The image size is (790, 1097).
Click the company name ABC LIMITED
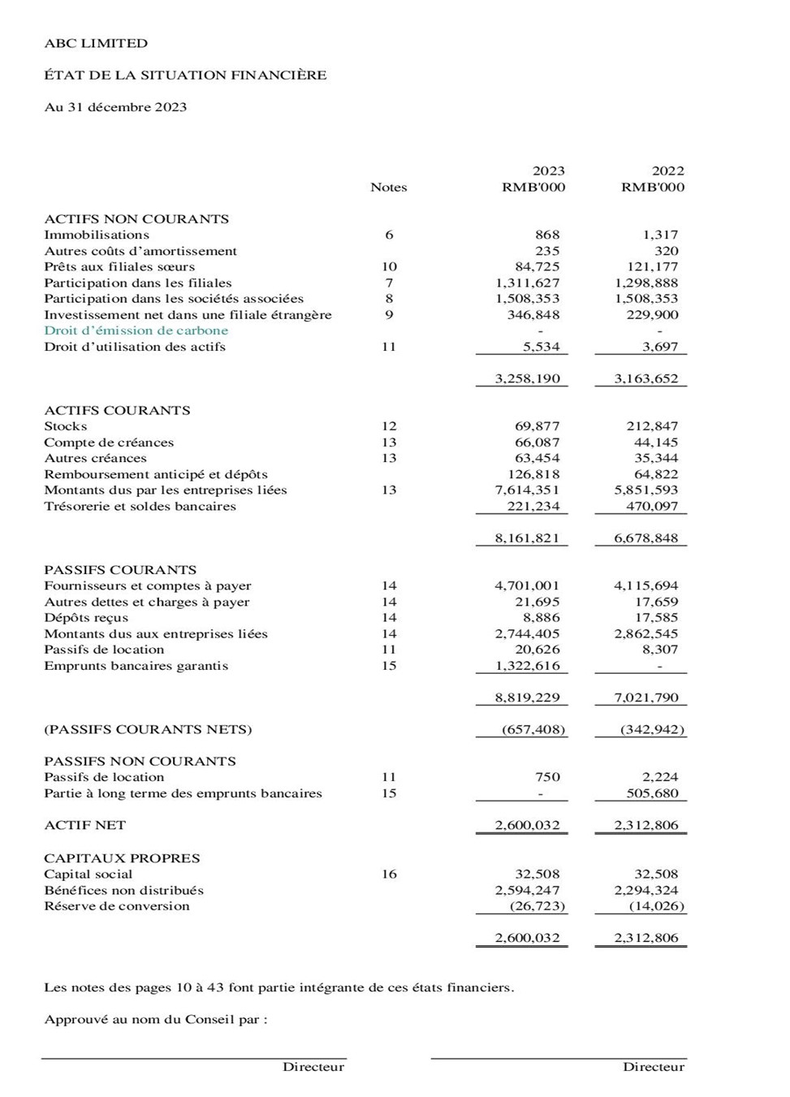tap(96, 43)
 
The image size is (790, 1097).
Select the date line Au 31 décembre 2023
tap(115, 107)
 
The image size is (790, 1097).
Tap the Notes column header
tap(388, 188)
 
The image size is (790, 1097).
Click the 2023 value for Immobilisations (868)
tap(547, 235)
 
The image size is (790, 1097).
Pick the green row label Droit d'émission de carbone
tap(136, 330)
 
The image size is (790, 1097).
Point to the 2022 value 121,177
tap(652, 267)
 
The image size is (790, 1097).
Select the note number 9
tap(389, 315)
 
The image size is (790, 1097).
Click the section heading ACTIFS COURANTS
tap(117, 410)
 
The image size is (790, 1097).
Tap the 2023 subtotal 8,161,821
tap(527, 538)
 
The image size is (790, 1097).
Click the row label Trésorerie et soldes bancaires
tap(140, 506)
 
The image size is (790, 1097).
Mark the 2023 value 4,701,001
tap(527, 585)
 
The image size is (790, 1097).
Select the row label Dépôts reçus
tap(86, 618)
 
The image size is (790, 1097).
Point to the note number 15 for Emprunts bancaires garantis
tap(389, 666)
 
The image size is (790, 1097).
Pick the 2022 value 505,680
tap(652, 793)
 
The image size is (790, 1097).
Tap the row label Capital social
tap(88, 875)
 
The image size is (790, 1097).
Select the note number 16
tap(389, 875)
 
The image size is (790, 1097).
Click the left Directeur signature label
tap(313, 1067)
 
